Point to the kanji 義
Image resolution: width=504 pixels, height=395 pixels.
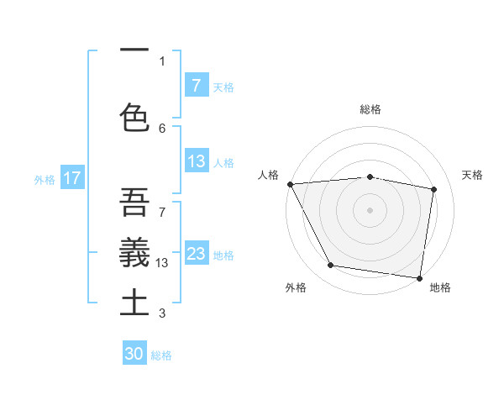pyautogui.click(x=134, y=251)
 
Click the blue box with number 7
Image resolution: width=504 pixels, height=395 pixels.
pyautogui.click(x=197, y=85)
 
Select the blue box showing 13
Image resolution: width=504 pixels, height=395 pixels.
pyautogui.click(x=197, y=161)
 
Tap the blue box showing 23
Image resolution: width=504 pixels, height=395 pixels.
pyautogui.click(x=197, y=254)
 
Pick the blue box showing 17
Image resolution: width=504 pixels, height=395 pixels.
pyautogui.click(x=72, y=178)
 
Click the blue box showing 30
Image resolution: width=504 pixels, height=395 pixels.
pyautogui.click(x=134, y=354)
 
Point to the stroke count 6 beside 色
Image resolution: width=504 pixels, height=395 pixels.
pyautogui.click(x=162, y=128)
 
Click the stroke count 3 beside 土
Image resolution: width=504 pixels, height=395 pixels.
pyautogui.click(x=162, y=313)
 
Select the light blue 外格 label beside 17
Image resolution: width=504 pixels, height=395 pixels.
pyautogui.click(x=45, y=179)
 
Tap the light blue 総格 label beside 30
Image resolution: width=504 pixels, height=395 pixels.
pyautogui.click(x=161, y=355)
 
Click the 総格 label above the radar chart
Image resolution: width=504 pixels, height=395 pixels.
pyautogui.click(x=370, y=110)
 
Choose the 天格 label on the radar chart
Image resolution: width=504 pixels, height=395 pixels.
pyautogui.click(x=473, y=176)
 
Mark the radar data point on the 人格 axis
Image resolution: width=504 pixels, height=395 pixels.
pyautogui.click(x=290, y=184)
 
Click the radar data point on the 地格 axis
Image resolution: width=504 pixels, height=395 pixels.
pyautogui.click(x=419, y=277)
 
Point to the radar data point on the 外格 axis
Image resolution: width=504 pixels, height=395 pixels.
pyautogui.click(x=330, y=266)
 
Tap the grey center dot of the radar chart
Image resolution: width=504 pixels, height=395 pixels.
pyautogui.click(x=370, y=210)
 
